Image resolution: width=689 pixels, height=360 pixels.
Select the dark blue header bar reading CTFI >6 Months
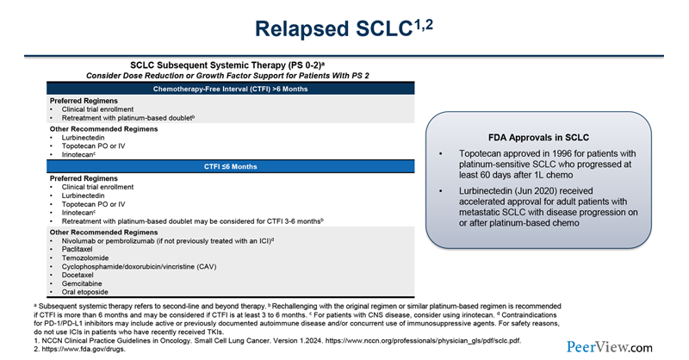(230, 90)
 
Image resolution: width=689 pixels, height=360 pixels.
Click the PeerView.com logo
(610, 347)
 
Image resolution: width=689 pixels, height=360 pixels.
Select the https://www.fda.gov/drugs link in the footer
(64, 350)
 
